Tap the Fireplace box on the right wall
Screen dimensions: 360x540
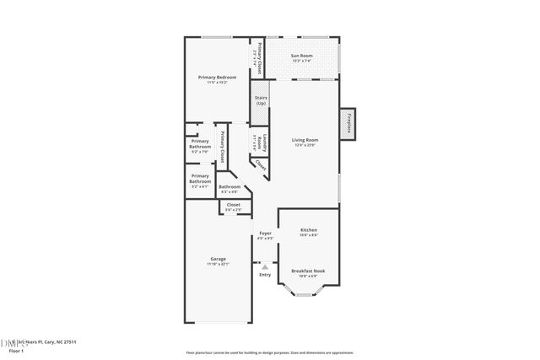[x=348, y=123]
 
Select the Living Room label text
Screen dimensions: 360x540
[x=305, y=140]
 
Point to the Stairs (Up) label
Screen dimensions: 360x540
[x=261, y=100]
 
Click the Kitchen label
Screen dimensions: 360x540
[x=308, y=230]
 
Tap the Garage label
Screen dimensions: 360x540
[x=218, y=259]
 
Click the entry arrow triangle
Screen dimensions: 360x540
[x=264, y=266]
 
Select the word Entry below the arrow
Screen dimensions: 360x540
[x=264, y=275]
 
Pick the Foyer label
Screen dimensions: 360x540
[x=265, y=233]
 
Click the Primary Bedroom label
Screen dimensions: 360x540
[x=217, y=78]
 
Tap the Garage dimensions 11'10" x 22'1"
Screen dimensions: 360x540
[x=218, y=265]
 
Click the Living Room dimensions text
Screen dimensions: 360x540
[x=305, y=146]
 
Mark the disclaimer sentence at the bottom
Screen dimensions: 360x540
[x=269, y=353]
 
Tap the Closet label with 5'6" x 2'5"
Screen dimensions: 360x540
[x=234, y=204]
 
